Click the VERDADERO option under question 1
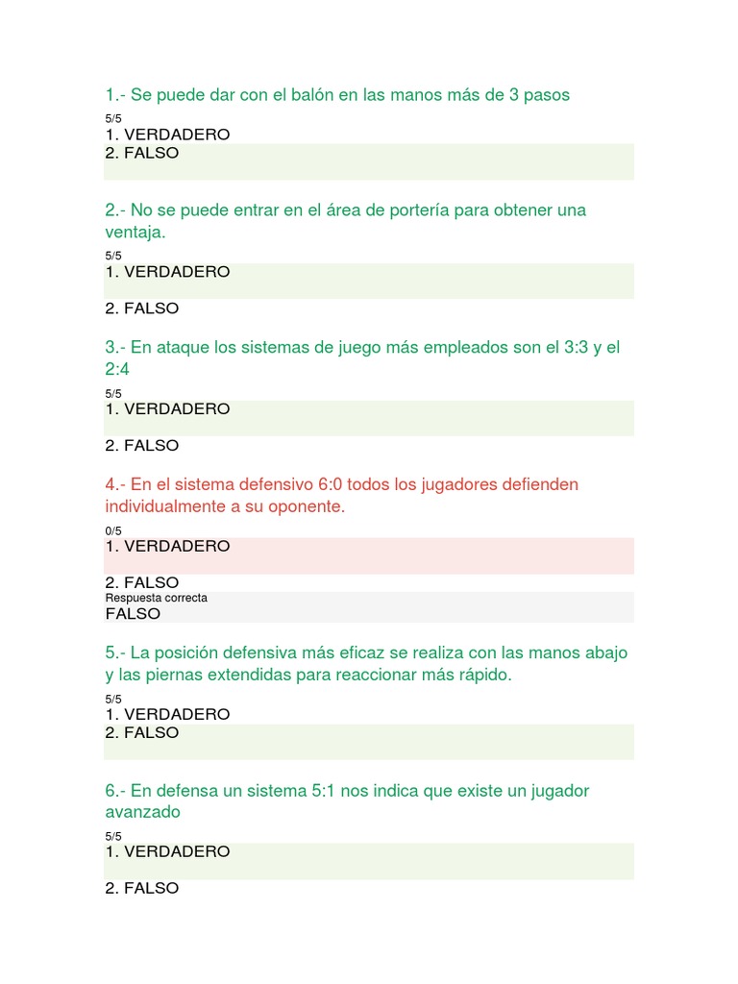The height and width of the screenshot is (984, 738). [167, 135]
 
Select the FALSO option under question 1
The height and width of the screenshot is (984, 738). [142, 153]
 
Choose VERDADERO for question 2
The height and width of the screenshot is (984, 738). [167, 272]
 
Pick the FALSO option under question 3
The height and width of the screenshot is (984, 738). [142, 446]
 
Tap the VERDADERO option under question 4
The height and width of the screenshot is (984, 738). [167, 546]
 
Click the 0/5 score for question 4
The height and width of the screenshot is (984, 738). [113, 530]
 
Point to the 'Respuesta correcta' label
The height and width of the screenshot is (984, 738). [156, 598]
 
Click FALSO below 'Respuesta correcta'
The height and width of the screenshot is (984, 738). [133, 614]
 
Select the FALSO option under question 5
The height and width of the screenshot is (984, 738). [142, 732]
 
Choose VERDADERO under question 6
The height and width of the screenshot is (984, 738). [167, 851]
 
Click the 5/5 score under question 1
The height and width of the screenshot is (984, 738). [113, 119]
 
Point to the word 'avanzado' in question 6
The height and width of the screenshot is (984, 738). [142, 813]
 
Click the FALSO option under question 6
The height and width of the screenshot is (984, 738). [142, 888]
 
